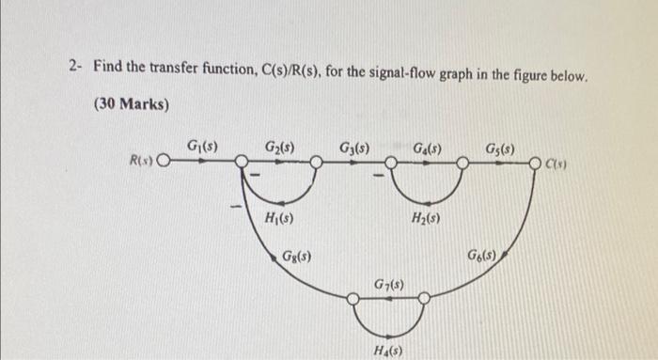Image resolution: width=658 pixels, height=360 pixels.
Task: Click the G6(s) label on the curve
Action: (488, 255)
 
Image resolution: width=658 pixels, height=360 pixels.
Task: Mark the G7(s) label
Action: (388, 283)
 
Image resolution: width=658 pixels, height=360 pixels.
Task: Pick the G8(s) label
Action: (298, 255)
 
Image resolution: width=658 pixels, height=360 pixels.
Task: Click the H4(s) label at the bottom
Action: (387, 350)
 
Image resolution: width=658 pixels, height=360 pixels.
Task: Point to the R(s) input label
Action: (141, 162)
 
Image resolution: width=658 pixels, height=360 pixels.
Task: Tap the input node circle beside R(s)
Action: (164, 162)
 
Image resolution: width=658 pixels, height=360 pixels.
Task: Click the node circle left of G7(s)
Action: (352, 299)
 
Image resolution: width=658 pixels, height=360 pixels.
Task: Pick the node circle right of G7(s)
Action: (424, 299)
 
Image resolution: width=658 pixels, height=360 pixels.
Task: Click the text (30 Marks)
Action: (132, 104)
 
